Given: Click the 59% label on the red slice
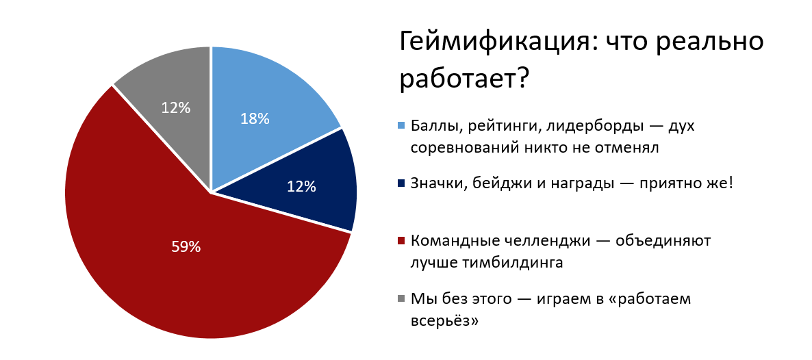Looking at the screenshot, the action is pos(186,247).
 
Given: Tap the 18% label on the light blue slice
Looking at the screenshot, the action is pos(255,118).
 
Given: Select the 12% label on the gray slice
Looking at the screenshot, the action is pos(175,107).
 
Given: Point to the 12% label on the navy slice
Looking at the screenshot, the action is pos(301,186).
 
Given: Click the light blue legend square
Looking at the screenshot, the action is pos(401,126).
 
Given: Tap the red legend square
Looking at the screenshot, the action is pos(401,241).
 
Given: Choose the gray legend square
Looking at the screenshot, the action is pos(401,299).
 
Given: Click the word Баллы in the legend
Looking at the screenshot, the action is pos(433,127).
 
